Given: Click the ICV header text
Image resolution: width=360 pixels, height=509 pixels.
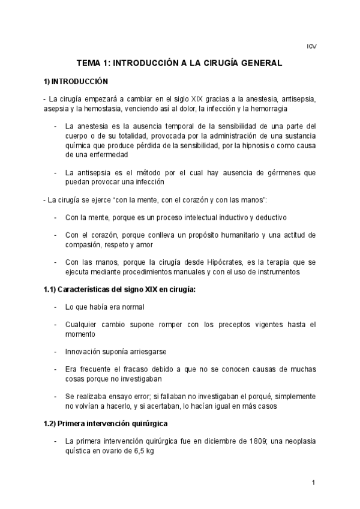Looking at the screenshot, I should point(311,46).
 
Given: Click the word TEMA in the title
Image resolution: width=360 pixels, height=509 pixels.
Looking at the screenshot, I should point(89,62).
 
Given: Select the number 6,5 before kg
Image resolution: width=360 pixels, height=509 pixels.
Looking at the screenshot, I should point(132,451).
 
